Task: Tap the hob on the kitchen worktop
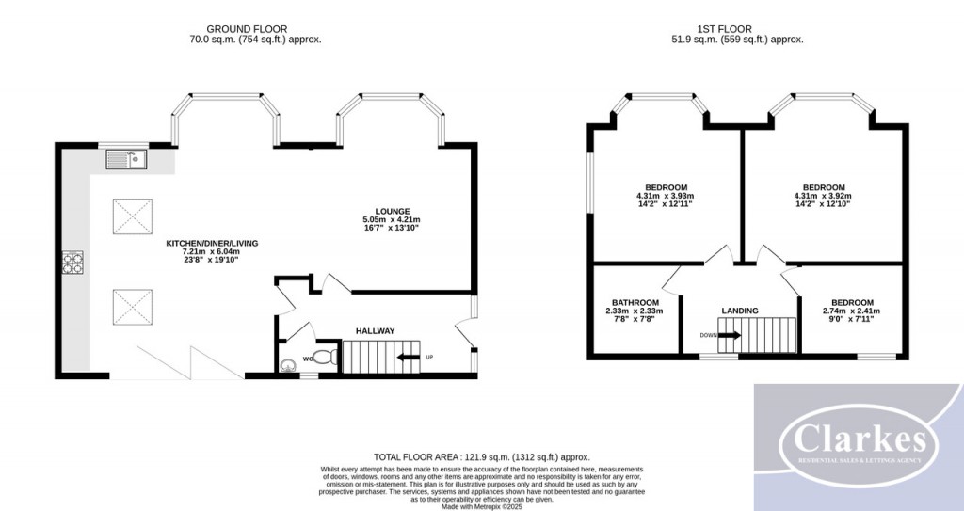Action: tap(72, 263)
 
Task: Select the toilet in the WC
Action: tap(323, 358)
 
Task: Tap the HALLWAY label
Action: tap(375, 330)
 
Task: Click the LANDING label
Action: tap(740, 311)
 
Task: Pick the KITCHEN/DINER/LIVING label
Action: tap(212, 243)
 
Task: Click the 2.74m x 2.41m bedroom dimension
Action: tap(852, 310)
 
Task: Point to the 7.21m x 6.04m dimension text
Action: tap(212, 251)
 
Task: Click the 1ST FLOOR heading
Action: tap(717, 29)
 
